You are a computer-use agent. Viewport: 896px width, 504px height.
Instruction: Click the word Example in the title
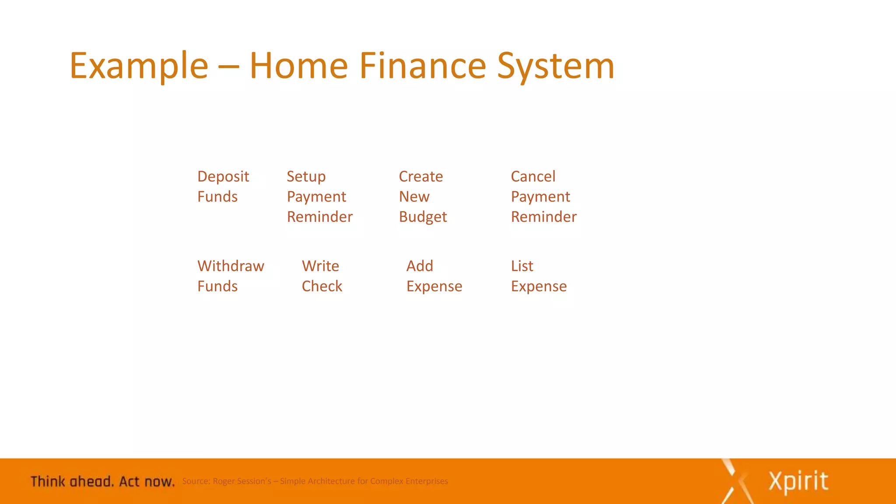139,66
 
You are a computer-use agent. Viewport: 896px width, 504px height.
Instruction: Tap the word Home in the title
298,66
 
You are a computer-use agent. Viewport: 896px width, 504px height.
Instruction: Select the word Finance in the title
423,66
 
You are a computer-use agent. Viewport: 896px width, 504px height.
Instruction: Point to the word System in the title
556,66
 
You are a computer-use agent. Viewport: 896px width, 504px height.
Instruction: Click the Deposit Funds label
223,186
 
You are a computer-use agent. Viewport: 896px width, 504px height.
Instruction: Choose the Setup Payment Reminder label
319,196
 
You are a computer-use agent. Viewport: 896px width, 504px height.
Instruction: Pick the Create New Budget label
423,196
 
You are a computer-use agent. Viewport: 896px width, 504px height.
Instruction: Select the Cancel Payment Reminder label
543,196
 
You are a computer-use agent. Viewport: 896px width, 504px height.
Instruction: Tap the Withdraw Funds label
231,276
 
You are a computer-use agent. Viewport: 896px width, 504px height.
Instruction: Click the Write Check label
322,276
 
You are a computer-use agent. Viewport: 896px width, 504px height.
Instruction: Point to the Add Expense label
434,276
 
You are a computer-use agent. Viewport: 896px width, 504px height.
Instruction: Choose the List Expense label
539,276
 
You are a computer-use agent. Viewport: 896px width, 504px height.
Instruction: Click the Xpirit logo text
798,481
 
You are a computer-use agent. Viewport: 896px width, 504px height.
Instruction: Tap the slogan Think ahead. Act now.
102,482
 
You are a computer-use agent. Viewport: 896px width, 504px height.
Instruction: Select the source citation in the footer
315,481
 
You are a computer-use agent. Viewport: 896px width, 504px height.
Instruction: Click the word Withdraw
231,266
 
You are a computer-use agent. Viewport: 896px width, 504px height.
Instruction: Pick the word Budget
423,217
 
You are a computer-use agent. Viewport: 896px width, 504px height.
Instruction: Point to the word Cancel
533,176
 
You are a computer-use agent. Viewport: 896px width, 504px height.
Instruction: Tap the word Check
322,286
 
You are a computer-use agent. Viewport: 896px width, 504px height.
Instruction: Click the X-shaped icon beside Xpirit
738,481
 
